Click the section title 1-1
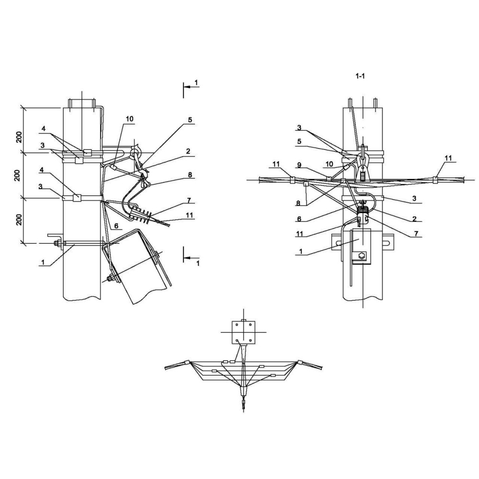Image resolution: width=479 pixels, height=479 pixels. [360, 76]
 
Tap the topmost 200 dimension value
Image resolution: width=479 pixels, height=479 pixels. [19, 137]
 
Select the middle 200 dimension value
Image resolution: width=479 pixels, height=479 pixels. [17, 175]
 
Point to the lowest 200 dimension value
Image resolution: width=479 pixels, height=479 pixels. [19, 219]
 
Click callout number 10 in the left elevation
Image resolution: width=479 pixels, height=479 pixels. [130, 118]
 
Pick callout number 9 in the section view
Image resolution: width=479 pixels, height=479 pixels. [299, 165]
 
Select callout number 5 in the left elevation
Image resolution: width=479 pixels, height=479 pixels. [190, 120]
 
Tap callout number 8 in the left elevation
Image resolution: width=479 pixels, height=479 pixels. [190, 175]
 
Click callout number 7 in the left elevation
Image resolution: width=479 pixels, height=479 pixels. [189, 200]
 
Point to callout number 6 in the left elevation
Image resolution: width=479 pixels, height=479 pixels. [116, 226]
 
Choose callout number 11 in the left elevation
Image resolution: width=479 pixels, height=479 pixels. [189, 215]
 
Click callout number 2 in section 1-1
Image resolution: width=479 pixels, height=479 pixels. [414, 218]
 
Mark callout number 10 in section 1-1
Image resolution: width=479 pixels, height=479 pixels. [329, 164]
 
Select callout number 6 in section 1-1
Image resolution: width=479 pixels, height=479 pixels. [299, 219]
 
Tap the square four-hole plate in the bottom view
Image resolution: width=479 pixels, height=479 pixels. [243, 332]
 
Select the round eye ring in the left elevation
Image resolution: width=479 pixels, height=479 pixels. [134, 152]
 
